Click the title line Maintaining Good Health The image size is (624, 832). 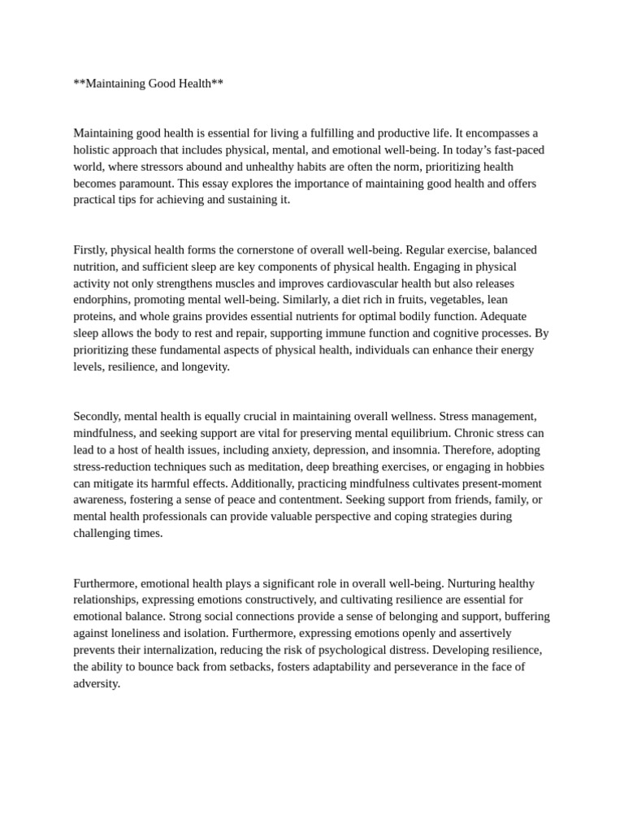tap(148, 84)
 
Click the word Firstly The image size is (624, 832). tap(90, 249)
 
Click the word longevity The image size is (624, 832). tap(201, 366)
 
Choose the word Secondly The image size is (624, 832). tap(97, 416)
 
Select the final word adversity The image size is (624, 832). tap(96, 683)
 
